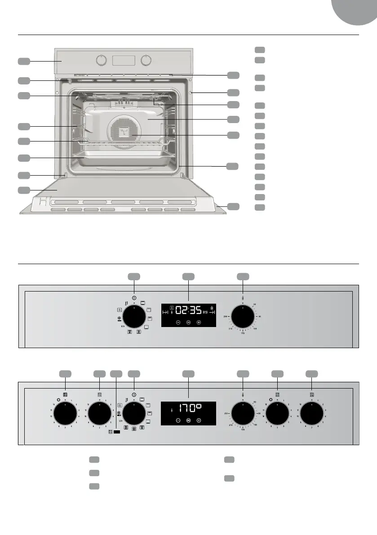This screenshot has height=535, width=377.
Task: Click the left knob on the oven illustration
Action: point(102,60)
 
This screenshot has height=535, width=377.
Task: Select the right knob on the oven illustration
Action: point(146,60)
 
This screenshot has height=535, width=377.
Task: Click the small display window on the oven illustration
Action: point(124,60)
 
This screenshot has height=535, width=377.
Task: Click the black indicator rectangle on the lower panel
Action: point(117,432)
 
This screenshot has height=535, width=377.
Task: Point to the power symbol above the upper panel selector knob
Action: point(134,297)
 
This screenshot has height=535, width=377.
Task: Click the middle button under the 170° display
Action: point(188,421)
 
